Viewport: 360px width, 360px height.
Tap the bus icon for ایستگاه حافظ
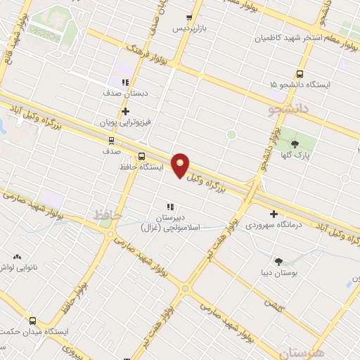142,157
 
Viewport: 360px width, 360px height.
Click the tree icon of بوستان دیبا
278,260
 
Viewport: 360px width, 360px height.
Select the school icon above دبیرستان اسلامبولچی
170,207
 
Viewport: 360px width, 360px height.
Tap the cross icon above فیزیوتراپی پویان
125,110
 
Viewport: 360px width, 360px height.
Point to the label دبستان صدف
124,92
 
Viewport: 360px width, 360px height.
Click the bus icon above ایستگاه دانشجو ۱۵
300,73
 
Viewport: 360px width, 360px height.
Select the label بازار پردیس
192,29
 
